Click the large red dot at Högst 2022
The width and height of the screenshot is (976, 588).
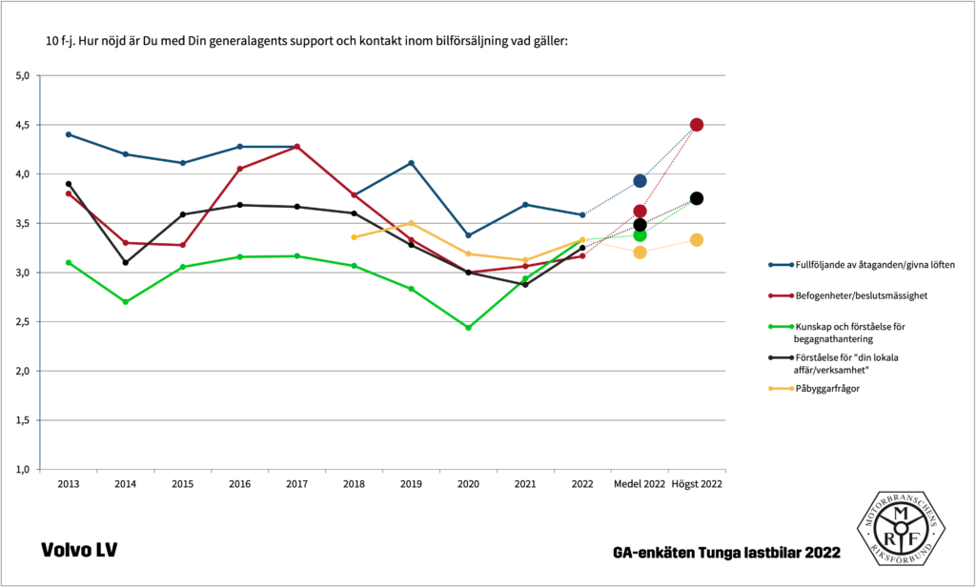(x=697, y=125)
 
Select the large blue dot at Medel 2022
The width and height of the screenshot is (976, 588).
(x=640, y=181)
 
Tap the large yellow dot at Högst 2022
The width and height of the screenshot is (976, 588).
(x=697, y=240)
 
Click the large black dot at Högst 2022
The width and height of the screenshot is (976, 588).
(x=697, y=198)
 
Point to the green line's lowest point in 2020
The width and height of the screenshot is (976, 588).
(x=468, y=328)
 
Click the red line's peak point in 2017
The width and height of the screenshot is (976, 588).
(x=297, y=147)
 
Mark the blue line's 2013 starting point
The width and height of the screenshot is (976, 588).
(x=69, y=134)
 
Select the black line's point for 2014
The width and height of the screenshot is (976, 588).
(x=126, y=262)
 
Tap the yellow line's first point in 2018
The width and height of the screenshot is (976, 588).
(x=354, y=237)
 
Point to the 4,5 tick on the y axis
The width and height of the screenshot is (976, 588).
(x=23, y=125)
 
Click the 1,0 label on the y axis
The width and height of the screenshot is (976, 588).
(x=23, y=470)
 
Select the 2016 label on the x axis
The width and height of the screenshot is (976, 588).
(x=240, y=485)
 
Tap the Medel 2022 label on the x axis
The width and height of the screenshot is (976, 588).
(x=640, y=485)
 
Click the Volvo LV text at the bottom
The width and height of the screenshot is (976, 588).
(x=79, y=551)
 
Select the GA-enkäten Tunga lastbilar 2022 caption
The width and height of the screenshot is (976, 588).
(x=727, y=553)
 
